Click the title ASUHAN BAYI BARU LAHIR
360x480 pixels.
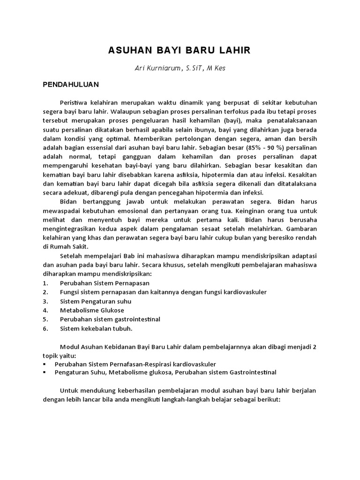(x=180, y=51)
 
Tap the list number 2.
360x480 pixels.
(x=45, y=292)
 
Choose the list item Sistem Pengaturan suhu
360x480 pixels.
(x=96, y=301)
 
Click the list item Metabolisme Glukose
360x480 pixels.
(x=92, y=310)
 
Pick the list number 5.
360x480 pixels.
(x=45, y=319)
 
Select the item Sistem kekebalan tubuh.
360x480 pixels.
(x=96, y=328)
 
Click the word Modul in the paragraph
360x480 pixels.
(x=69, y=346)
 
